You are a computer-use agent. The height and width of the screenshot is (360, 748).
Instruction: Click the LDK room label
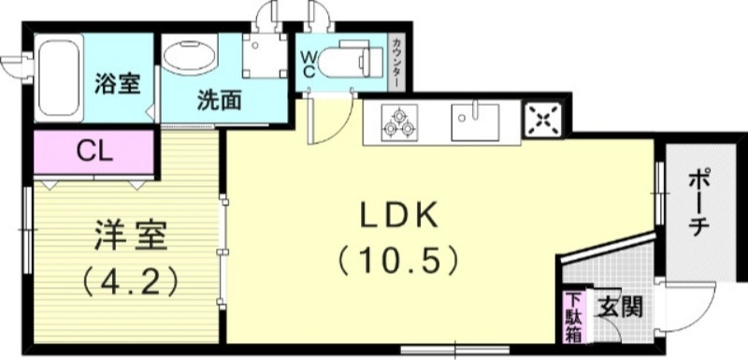399,216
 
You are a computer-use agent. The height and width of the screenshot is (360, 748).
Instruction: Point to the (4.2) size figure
131,278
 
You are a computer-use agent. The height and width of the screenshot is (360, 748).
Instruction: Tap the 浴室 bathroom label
118,82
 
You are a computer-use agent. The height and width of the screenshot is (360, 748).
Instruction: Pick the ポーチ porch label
704,204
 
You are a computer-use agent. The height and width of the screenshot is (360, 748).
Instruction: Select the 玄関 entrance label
621,306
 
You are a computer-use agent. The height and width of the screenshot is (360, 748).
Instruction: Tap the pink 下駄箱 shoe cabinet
572,318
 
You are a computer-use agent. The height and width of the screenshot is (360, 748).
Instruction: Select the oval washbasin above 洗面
190,55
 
